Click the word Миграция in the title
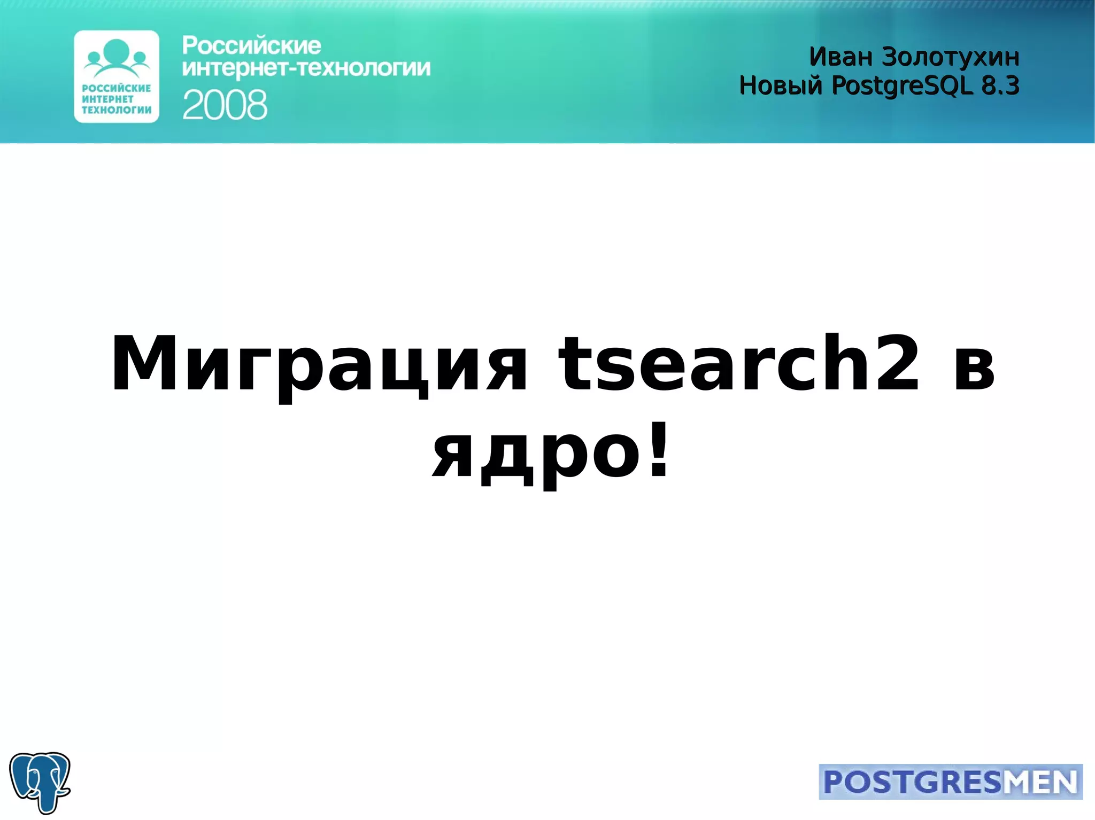click(x=319, y=364)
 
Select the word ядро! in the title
click(x=551, y=453)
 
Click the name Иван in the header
click(x=840, y=57)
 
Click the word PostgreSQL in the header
click(x=902, y=86)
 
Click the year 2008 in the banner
click(x=225, y=105)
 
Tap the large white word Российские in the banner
click(x=251, y=46)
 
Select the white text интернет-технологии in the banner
click(x=306, y=68)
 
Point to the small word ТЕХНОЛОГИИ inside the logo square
click(x=117, y=110)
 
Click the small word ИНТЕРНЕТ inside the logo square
click(x=107, y=99)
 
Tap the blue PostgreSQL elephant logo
click(x=40, y=782)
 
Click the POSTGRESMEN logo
click(x=950, y=782)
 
